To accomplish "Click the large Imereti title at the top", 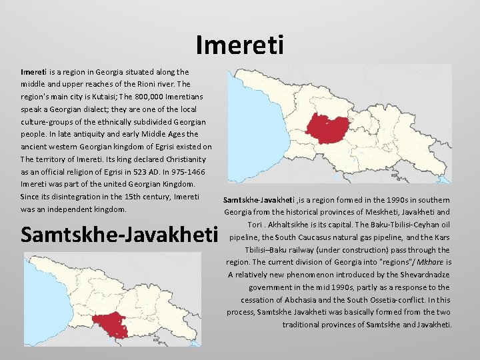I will coord(240,45).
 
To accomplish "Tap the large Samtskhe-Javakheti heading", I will coord(120,235).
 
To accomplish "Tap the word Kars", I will coord(443,237).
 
